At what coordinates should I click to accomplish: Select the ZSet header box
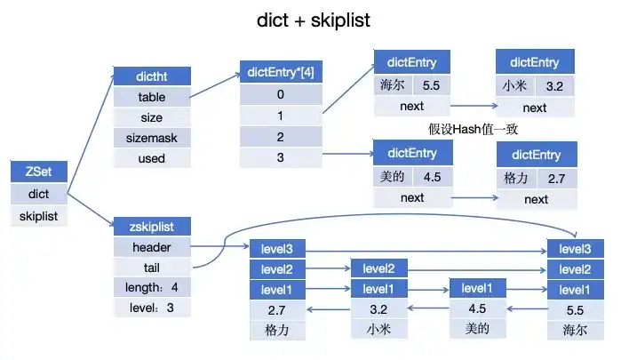[37, 172]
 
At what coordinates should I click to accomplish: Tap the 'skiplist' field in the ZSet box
[37, 215]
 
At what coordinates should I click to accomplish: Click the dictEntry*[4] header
[280, 72]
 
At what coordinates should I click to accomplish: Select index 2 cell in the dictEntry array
[280, 137]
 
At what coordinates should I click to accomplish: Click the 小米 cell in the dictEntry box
[514, 86]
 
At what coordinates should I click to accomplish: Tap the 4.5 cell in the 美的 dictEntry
[432, 176]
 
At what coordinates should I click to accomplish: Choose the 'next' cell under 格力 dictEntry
[536, 199]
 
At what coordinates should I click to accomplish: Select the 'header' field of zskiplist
[150, 247]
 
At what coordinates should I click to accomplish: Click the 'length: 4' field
[150, 288]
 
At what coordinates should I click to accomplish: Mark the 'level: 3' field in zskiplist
[150, 308]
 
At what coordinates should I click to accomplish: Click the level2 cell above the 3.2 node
[379, 268]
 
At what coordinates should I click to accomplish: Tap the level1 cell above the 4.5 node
[477, 288]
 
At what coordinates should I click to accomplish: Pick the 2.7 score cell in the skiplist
[277, 309]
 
